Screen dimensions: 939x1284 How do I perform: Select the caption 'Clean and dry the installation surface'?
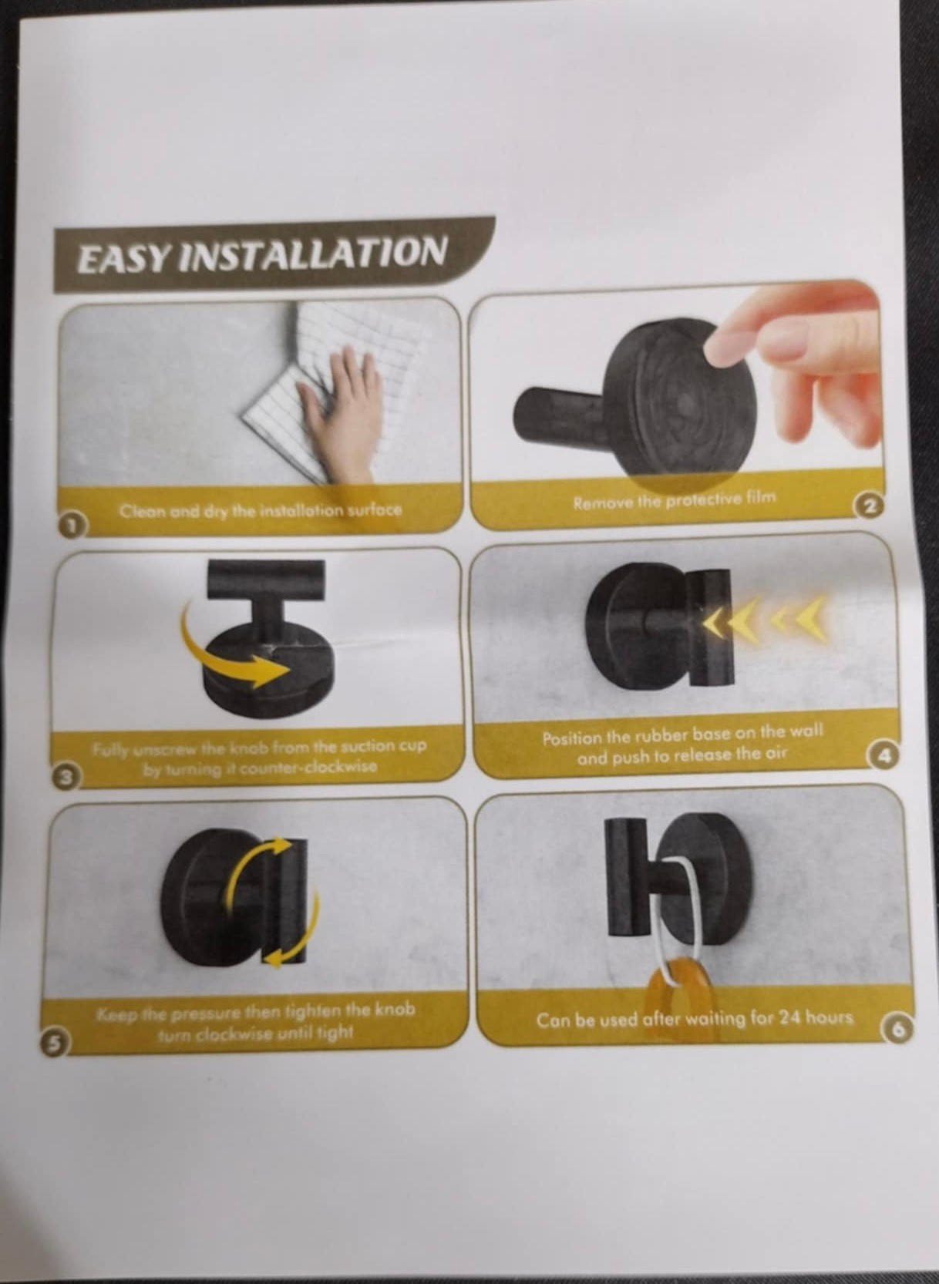pyautogui.click(x=261, y=509)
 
